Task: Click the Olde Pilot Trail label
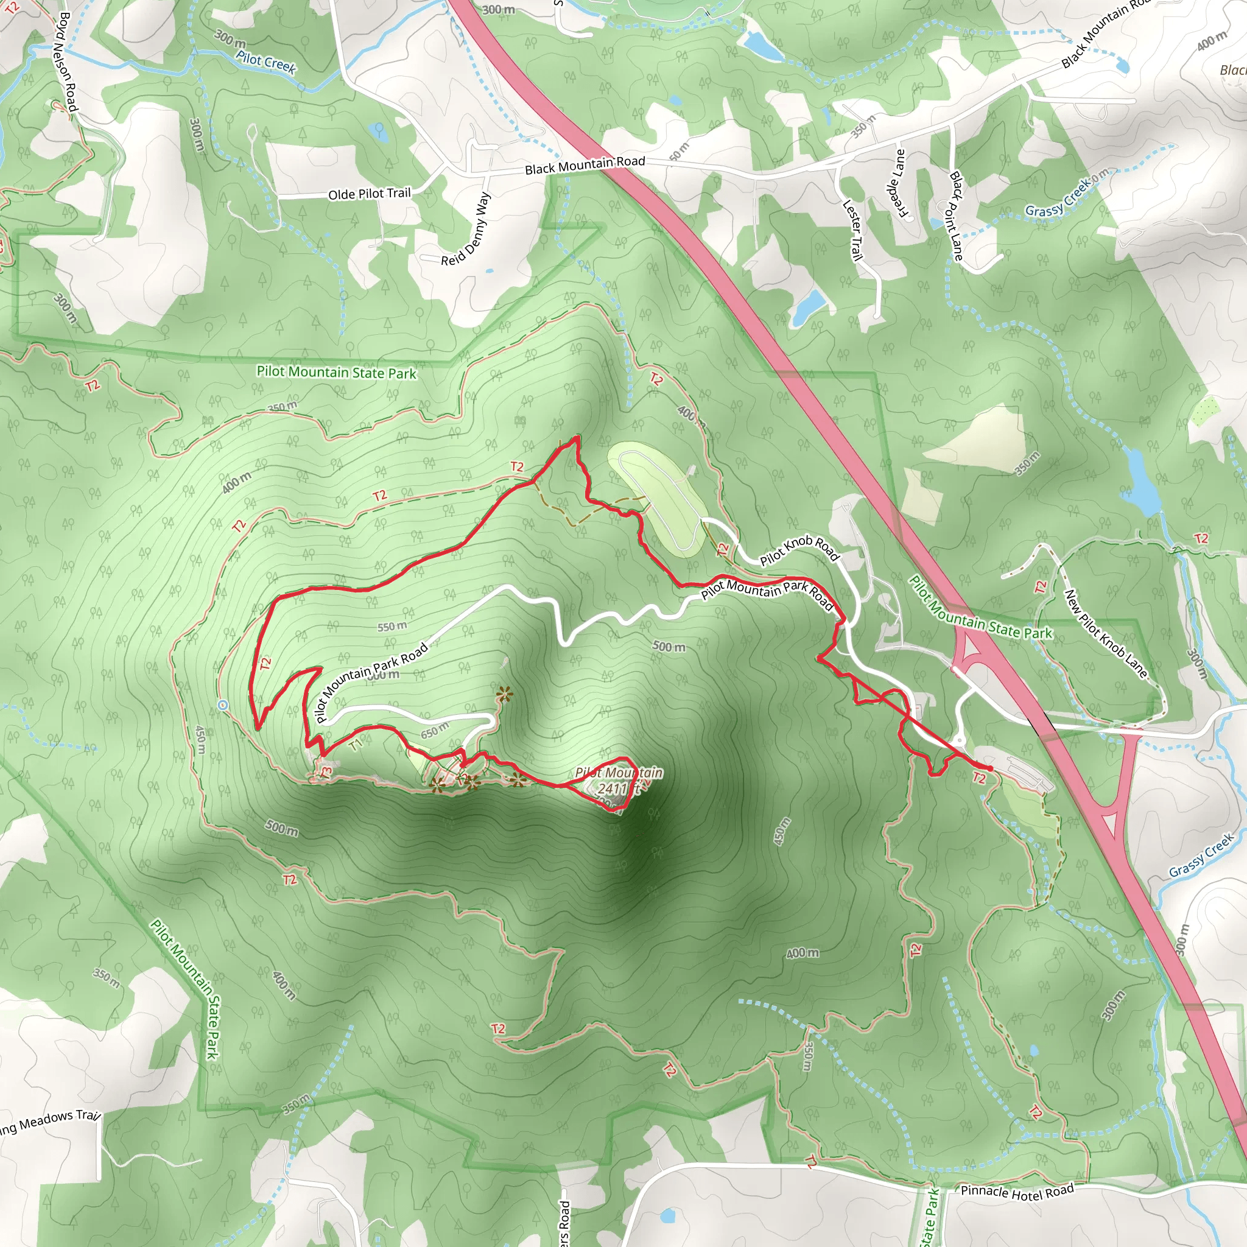[x=369, y=194]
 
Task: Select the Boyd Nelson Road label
[x=67, y=61]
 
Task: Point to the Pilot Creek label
[x=265, y=63]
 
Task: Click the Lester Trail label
[x=852, y=230]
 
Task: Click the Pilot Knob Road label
[x=799, y=550]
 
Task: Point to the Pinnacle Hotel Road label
[x=1017, y=1191]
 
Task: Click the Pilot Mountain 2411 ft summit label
[x=619, y=781]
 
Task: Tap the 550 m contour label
[x=392, y=626]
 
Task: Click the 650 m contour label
[x=434, y=731]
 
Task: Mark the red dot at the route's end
[x=989, y=767]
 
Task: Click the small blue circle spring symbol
[x=223, y=705]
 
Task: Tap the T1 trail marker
[x=356, y=745]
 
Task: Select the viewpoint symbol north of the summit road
[x=504, y=695]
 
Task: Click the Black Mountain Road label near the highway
[x=585, y=165]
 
